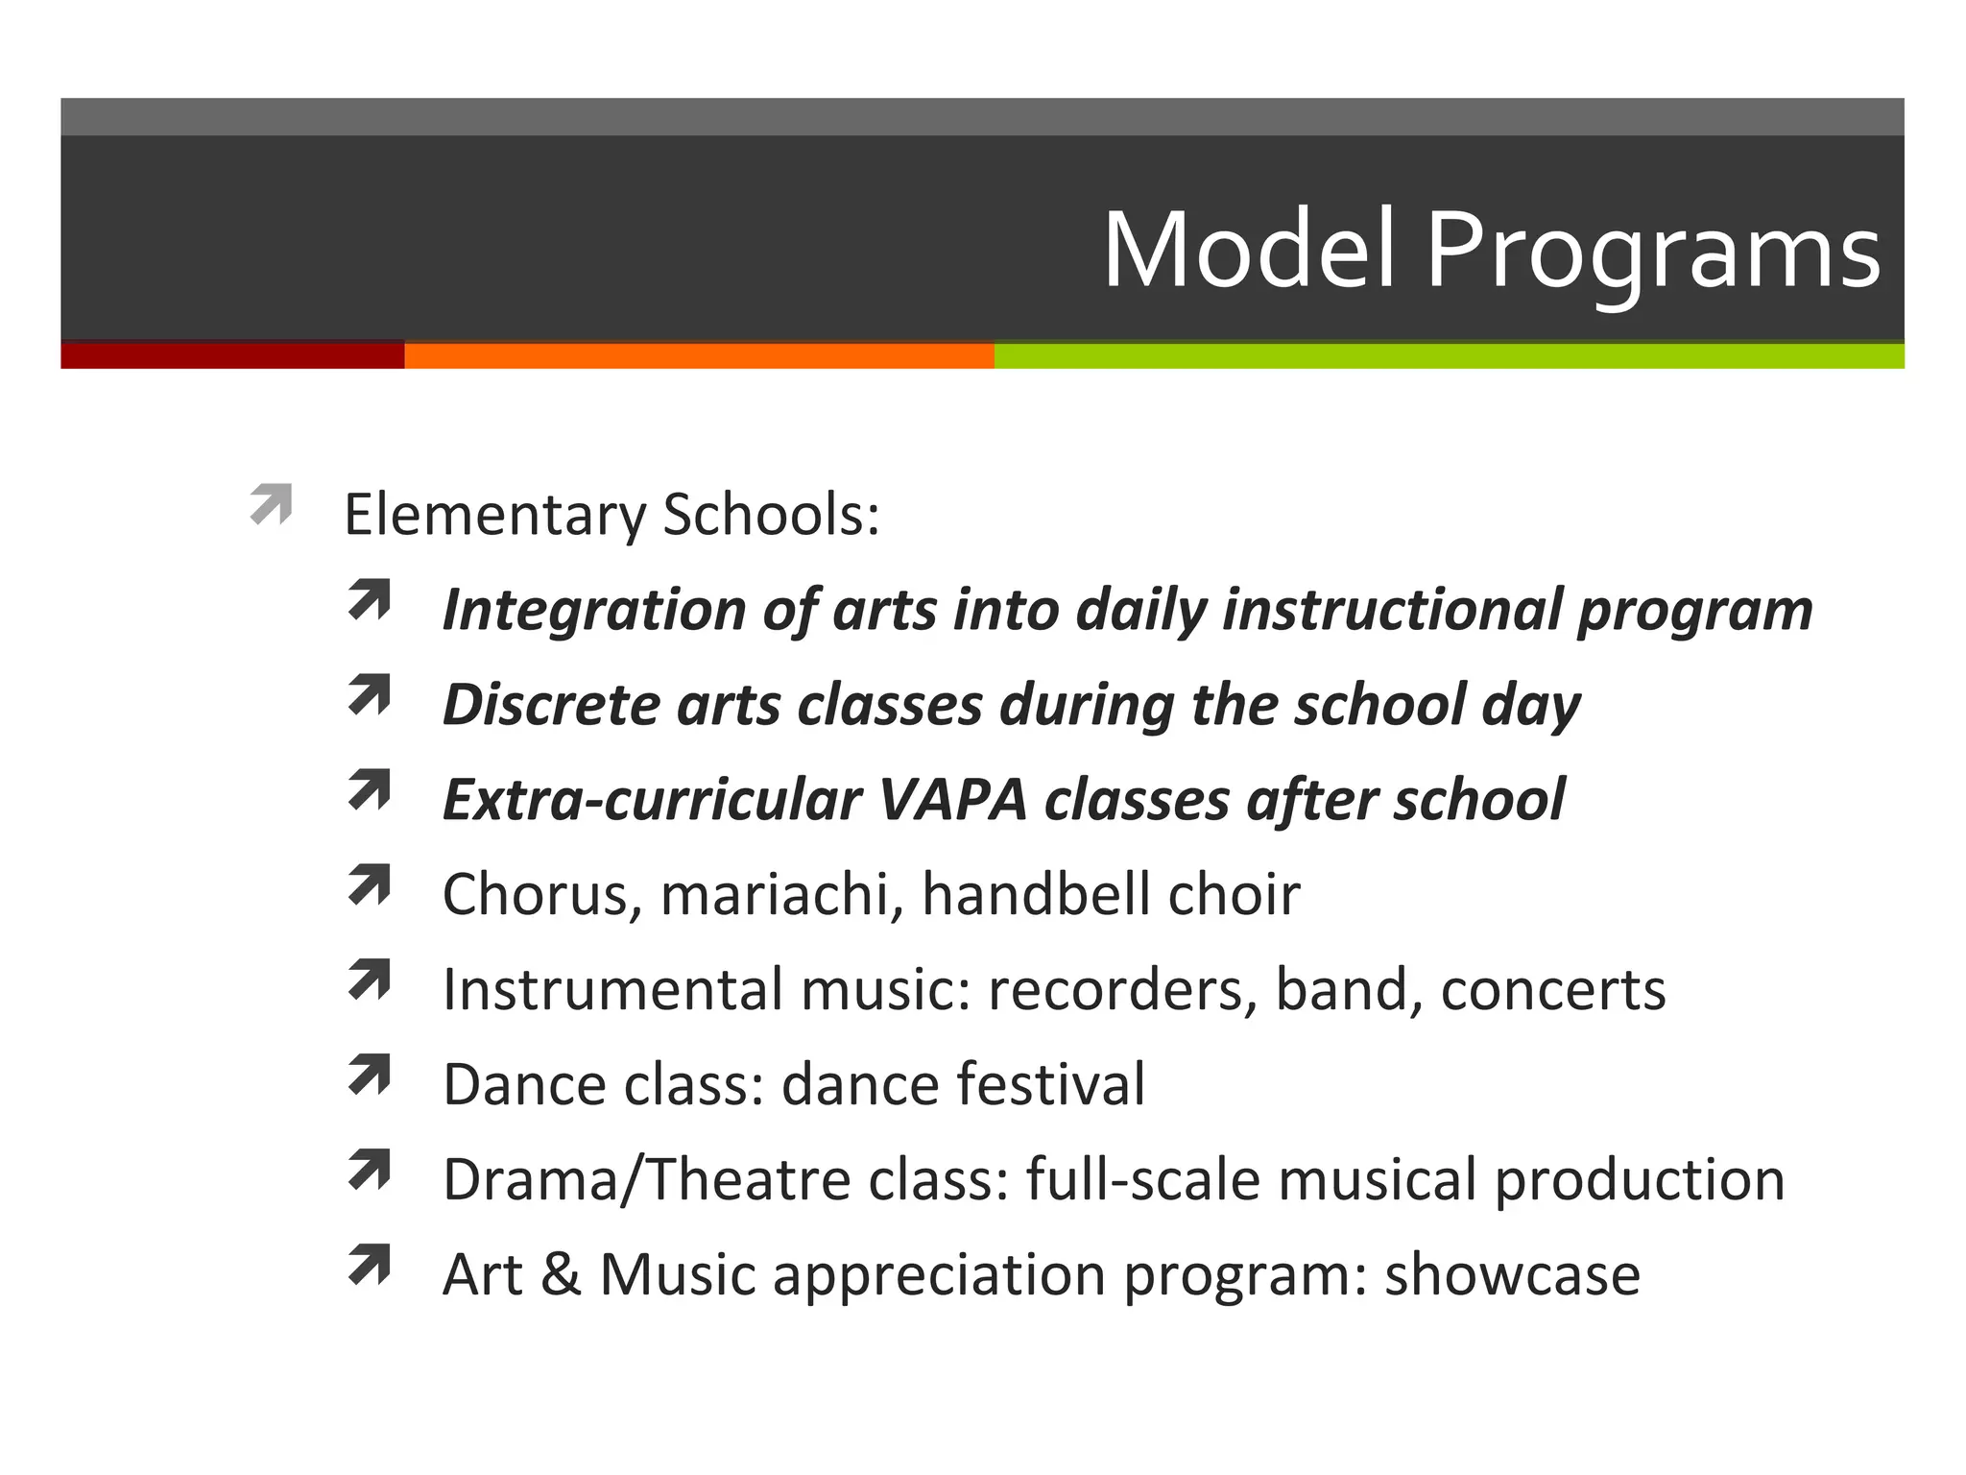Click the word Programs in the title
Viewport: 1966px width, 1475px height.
click(x=1651, y=252)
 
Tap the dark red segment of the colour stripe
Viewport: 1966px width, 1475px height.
click(x=232, y=355)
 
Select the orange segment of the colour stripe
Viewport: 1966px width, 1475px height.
click(x=699, y=355)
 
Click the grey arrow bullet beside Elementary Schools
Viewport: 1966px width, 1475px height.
click(x=272, y=504)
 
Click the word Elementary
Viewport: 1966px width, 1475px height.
click(x=494, y=515)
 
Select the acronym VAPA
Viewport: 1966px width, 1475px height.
click(x=952, y=799)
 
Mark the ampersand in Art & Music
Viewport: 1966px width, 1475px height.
click(x=562, y=1274)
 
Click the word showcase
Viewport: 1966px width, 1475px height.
click(x=1512, y=1274)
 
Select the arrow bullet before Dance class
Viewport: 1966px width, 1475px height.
click(x=370, y=1075)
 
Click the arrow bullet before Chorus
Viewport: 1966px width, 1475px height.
click(x=370, y=884)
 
